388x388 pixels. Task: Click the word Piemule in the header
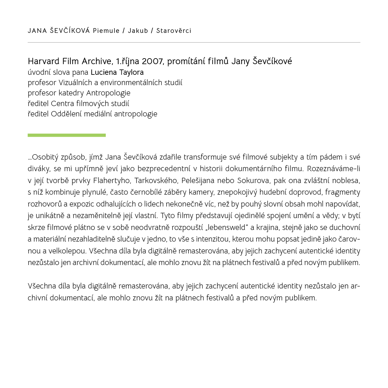coord(106,31)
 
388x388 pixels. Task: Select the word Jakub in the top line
coord(138,31)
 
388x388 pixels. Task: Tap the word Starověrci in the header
coord(174,31)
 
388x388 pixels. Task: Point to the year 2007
coord(152,61)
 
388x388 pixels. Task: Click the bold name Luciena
coord(103,72)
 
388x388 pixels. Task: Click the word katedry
coord(71,93)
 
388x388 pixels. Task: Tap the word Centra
coord(63,104)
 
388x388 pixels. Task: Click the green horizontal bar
coord(67,135)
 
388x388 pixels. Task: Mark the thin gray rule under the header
coord(194,42)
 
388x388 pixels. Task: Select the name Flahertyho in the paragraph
coord(111,181)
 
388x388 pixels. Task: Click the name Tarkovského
coord(156,181)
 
